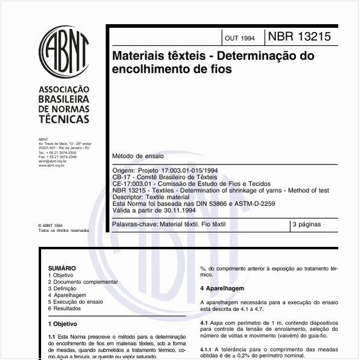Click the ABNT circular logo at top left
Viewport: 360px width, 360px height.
[x=64, y=51]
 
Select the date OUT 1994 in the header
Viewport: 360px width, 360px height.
[x=240, y=38]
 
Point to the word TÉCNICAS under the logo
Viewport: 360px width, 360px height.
[x=64, y=119]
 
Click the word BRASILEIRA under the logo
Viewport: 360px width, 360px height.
[x=64, y=99]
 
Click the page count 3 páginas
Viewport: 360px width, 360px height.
[x=307, y=224]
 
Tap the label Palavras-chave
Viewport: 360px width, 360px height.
[x=134, y=224]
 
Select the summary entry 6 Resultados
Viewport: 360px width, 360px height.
[x=65, y=309]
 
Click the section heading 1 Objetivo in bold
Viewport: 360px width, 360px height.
[x=62, y=324]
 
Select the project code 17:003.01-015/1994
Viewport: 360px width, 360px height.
[x=178, y=171]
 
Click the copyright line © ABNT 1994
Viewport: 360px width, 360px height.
[x=50, y=225]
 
